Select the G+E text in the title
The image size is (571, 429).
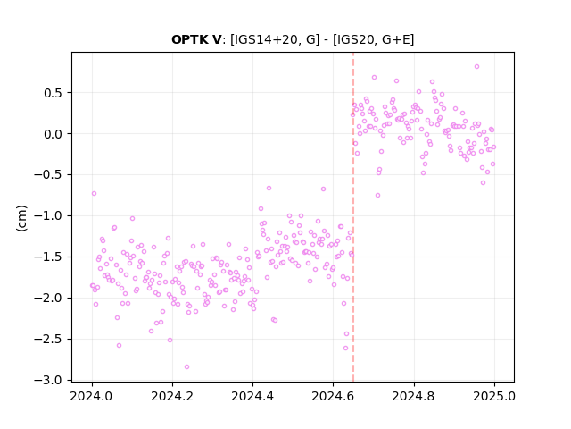click(x=396, y=39)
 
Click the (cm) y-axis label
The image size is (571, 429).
click(x=21, y=218)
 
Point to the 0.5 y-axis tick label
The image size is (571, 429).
click(x=54, y=93)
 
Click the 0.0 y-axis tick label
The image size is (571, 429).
click(x=54, y=134)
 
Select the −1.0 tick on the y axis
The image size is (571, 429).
click(x=49, y=216)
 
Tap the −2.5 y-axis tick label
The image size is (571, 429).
click(x=49, y=340)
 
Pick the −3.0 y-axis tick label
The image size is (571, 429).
click(x=49, y=380)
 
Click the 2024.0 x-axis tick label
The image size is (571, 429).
click(x=92, y=396)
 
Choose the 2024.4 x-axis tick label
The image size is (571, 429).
click(x=252, y=396)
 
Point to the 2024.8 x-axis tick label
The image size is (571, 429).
click(x=414, y=396)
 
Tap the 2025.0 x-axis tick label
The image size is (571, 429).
click(x=494, y=396)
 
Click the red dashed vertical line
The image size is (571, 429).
click(x=353, y=217)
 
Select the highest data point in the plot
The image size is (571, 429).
click(x=476, y=67)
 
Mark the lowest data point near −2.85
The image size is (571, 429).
click(x=186, y=367)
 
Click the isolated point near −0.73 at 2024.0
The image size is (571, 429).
click(x=94, y=193)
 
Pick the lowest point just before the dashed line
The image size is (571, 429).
click(x=345, y=349)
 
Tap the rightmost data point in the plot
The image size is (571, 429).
click(x=493, y=147)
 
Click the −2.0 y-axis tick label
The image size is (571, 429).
click(x=49, y=298)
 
